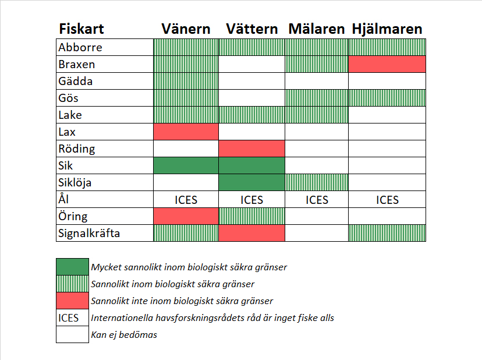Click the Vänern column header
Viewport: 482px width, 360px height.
tap(187, 29)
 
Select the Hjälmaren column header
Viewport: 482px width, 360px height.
tap(387, 29)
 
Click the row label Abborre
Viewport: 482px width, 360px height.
tap(80, 47)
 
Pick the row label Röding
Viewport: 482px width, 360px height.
tap(77, 149)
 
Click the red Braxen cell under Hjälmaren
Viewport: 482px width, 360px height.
tap(387, 64)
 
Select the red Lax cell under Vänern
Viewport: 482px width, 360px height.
tap(186, 132)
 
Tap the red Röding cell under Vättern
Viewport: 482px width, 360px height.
tap(251, 149)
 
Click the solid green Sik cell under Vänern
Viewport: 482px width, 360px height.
tap(186, 165)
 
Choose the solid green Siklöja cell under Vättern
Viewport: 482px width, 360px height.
tap(251, 182)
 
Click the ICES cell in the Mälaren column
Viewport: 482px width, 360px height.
tap(317, 200)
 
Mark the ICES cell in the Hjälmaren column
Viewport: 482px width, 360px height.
tap(387, 200)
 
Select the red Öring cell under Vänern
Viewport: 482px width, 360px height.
tap(186, 216)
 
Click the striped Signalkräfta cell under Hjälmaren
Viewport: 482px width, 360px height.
tap(387, 233)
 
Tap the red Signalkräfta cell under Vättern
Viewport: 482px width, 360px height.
tap(251, 233)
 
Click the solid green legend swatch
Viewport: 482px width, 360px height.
tap(72, 267)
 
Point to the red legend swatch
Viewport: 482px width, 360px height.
tap(72, 301)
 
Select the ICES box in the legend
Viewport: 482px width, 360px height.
tap(72, 318)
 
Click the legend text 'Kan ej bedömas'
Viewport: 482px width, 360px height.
tap(123, 335)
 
